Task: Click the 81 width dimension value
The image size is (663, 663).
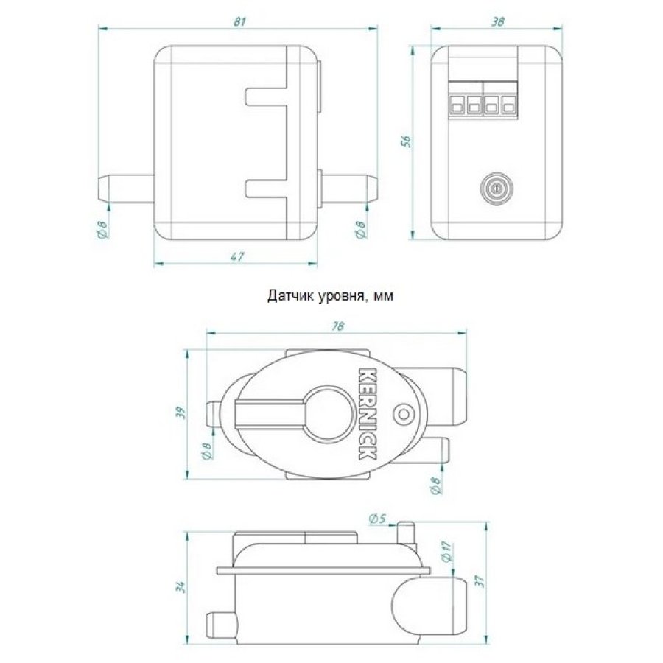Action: [x=239, y=21]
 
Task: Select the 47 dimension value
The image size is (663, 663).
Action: [x=238, y=256]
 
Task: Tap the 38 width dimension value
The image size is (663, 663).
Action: [x=498, y=21]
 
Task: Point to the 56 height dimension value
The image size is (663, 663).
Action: [x=406, y=141]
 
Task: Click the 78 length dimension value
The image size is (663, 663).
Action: [x=338, y=326]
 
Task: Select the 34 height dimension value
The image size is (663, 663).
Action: [x=181, y=587]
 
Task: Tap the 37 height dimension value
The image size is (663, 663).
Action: [x=480, y=582]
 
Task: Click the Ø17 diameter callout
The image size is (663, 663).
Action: [x=447, y=551]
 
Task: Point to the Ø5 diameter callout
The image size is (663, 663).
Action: [x=378, y=519]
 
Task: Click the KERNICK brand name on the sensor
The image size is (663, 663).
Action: [x=367, y=414]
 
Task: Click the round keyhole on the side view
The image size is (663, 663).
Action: [x=497, y=189]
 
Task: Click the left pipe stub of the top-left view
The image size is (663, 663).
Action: [x=126, y=189]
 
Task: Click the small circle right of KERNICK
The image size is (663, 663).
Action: [x=403, y=413]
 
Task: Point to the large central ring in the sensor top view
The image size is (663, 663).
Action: [x=328, y=413]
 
